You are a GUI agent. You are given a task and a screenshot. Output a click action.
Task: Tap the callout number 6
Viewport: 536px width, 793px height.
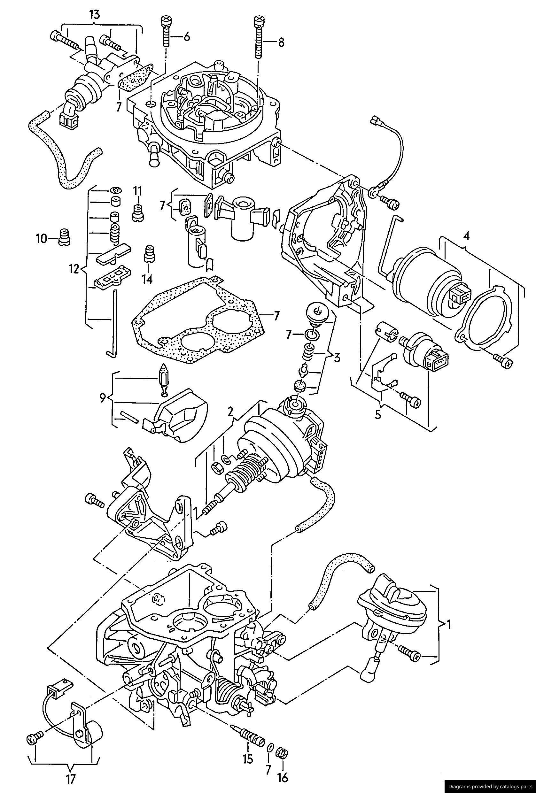(x=186, y=36)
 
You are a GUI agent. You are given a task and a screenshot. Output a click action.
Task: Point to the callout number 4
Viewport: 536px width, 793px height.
(x=466, y=235)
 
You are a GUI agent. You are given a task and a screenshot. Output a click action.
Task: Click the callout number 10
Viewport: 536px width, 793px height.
(x=41, y=239)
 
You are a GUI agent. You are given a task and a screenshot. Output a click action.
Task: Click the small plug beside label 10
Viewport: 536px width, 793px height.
(x=64, y=236)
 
